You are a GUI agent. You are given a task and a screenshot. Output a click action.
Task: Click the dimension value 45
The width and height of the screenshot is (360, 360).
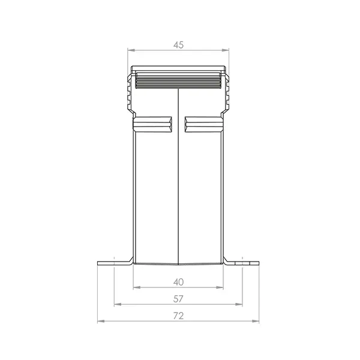click(178, 44)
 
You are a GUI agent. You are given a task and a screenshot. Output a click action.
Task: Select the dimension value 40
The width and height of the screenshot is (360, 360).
click(178, 281)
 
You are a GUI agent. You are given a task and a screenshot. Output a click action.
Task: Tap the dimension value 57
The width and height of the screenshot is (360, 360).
click(178, 298)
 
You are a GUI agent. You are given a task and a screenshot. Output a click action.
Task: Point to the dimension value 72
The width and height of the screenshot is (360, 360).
click(178, 315)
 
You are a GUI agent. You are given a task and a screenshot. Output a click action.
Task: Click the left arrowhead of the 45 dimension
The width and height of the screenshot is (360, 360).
click(133, 50)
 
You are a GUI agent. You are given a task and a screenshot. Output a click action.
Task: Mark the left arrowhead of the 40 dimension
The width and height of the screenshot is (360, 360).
click(136, 287)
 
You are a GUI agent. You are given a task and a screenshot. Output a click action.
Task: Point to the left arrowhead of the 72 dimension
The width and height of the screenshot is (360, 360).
click(100, 321)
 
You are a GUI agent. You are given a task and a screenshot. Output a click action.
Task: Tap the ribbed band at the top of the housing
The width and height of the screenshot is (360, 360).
click(178, 80)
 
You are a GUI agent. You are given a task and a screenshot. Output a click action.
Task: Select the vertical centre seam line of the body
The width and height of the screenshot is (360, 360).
click(178, 180)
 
